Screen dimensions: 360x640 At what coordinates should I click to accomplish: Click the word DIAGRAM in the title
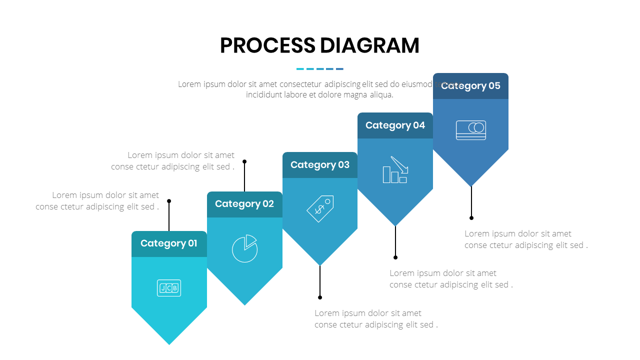coord(369,45)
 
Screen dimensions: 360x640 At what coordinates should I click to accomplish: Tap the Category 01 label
coord(169,243)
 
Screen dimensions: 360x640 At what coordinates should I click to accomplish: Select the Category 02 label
coord(244,204)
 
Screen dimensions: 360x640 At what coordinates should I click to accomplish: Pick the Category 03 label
coord(320,165)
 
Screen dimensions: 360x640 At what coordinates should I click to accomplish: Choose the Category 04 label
coord(395,125)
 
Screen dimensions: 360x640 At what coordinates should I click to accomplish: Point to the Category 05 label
coord(470,86)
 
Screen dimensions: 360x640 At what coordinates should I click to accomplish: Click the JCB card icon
coord(169,288)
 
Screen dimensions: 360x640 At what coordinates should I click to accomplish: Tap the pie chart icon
coord(244,248)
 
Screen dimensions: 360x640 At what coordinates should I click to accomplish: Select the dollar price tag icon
coord(320,208)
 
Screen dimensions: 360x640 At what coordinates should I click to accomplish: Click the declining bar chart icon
coord(395,170)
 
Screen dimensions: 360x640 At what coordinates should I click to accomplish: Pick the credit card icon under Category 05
coord(470,130)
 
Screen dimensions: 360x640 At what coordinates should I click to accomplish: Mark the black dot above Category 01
coord(169,201)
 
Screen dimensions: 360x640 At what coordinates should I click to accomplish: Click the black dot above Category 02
coord(244,161)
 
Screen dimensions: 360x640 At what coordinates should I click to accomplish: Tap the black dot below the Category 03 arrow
coord(320,297)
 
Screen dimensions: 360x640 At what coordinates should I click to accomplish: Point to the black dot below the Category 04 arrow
coord(395,257)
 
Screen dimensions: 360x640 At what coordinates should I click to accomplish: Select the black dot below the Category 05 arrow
coord(471,218)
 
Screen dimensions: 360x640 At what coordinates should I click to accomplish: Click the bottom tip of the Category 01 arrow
coord(169,343)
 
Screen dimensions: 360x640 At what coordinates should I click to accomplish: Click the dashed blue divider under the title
coord(320,69)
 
